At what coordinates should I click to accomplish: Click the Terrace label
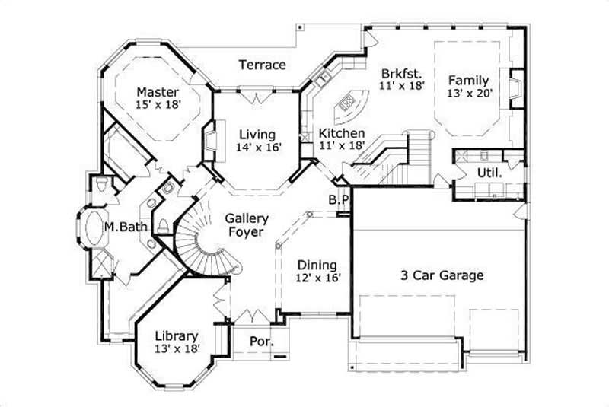(x=263, y=65)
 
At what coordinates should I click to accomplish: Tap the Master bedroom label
(x=158, y=91)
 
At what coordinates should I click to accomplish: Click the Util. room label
(x=489, y=173)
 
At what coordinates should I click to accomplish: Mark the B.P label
(x=339, y=199)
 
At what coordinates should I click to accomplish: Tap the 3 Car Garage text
(x=442, y=275)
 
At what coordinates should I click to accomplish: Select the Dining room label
(x=317, y=265)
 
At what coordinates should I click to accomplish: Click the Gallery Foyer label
(x=245, y=226)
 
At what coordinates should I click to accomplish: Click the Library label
(x=177, y=335)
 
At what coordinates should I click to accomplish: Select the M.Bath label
(x=120, y=227)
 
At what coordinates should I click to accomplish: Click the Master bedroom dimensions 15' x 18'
(x=158, y=105)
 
